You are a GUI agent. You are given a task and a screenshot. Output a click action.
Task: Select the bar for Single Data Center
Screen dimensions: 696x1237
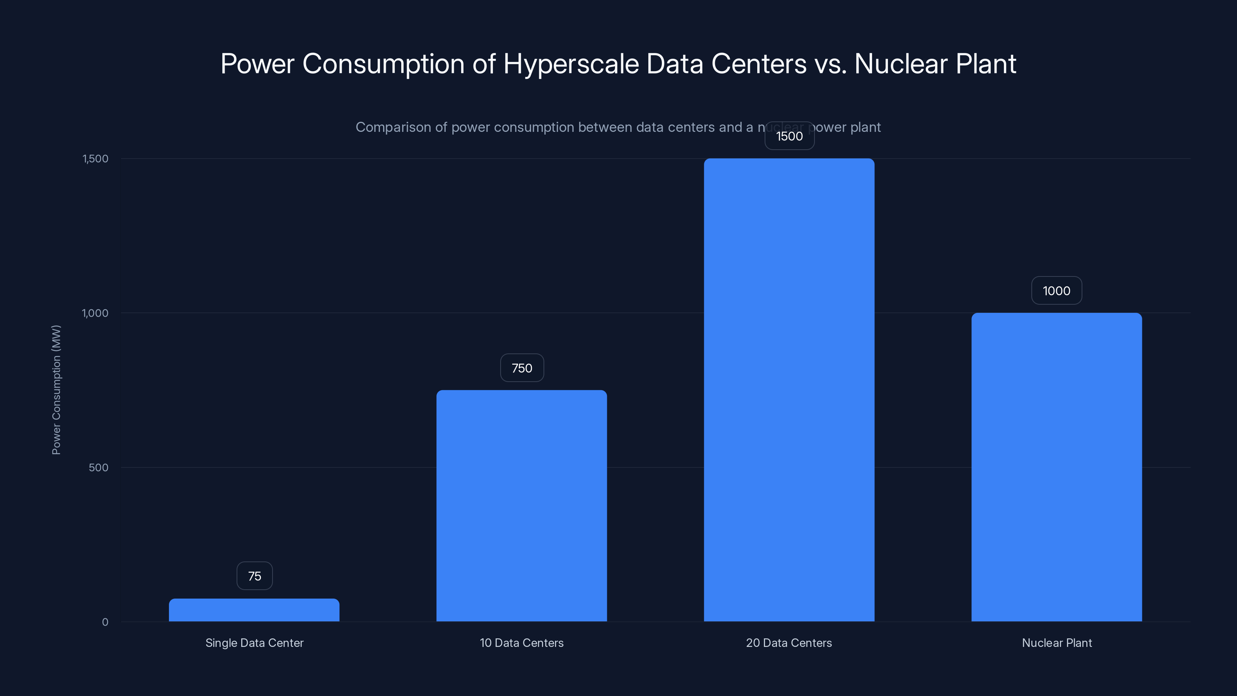point(254,610)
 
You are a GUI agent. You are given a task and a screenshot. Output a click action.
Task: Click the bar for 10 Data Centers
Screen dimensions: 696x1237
point(521,506)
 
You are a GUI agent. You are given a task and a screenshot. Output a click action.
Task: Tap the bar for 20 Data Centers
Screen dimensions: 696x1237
point(789,390)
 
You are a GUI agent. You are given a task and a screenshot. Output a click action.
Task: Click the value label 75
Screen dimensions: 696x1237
point(254,576)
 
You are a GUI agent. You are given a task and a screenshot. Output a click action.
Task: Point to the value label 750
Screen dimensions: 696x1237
point(522,368)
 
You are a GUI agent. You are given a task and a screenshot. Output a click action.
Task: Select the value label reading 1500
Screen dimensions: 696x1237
point(789,136)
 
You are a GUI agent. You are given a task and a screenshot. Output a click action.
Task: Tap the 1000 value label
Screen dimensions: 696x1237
point(1056,291)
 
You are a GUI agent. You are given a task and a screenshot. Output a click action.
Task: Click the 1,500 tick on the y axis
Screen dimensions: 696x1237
point(95,159)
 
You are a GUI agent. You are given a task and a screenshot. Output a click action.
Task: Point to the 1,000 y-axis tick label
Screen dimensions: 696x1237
point(95,313)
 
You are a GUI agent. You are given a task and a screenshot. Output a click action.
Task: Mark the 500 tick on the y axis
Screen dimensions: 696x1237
point(99,468)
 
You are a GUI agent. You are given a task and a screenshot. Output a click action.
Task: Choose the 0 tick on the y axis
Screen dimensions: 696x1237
point(105,623)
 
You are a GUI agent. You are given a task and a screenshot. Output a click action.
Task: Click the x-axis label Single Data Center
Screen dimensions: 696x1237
point(254,643)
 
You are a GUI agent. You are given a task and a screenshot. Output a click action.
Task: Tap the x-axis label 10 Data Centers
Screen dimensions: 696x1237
point(521,643)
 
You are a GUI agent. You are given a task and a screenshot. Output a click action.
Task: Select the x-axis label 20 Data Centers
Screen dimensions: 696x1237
point(789,643)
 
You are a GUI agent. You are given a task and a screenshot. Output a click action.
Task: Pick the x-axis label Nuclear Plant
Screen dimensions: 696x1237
point(1056,643)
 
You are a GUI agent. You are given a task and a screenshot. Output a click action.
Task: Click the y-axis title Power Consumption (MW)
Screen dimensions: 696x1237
point(56,389)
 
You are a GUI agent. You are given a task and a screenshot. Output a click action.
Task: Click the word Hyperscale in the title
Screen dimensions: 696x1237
point(571,64)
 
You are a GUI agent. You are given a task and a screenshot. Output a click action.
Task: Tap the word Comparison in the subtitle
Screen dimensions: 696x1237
point(393,127)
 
